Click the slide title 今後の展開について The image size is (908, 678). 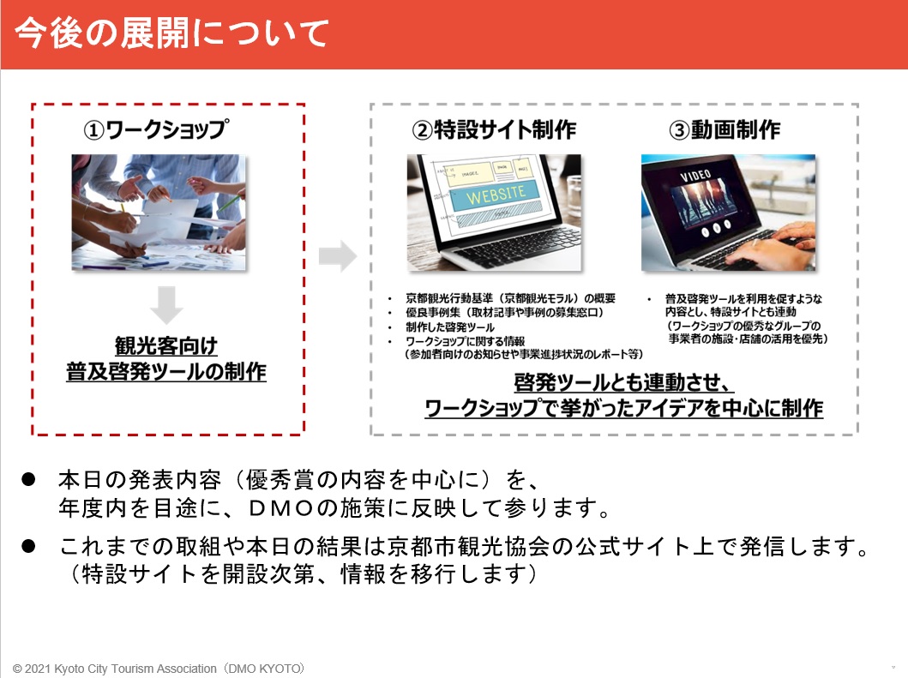[x=172, y=33]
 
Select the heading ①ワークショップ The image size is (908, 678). [x=156, y=129]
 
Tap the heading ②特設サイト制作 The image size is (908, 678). [x=494, y=129]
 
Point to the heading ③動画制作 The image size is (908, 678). [x=725, y=129]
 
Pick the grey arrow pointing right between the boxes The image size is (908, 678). [x=338, y=256]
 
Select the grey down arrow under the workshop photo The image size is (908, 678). [x=167, y=304]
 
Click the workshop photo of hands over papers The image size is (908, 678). [x=159, y=212]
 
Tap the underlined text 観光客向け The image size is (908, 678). [x=166, y=345]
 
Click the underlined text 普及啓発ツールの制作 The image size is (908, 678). [x=166, y=371]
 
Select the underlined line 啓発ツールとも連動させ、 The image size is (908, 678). [x=623, y=382]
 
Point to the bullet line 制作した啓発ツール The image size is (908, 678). [x=450, y=327]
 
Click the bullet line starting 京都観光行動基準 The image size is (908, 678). [x=510, y=298]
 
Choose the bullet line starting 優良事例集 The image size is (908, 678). [x=504, y=312]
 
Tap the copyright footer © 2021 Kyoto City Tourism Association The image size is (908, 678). [x=158, y=669]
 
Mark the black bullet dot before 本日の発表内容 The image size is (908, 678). [x=28, y=479]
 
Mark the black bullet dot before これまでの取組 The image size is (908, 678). [x=28, y=546]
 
